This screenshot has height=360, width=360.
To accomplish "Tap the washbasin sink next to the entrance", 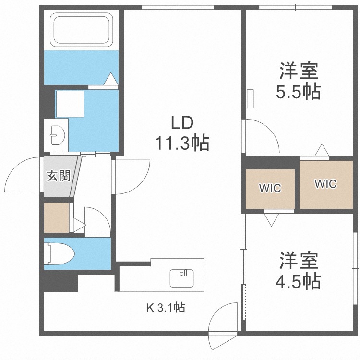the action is pyautogui.click(x=57, y=135).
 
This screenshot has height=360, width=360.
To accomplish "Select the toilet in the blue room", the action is pyautogui.click(x=59, y=254).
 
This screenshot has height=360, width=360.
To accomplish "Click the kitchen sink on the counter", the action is pyautogui.click(x=181, y=278).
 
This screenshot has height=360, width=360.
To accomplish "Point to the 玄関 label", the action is pyautogui.click(x=59, y=176).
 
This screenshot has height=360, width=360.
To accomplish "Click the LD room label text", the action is pyautogui.click(x=182, y=123).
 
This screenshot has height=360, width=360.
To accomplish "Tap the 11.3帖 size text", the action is pyautogui.click(x=182, y=143).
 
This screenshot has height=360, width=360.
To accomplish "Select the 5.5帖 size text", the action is pyautogui.click(x=298, y=92).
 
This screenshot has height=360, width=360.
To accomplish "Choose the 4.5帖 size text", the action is pyautogui.click(x=298, y=281).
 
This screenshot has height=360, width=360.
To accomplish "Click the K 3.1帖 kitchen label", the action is pyautogui.click(x=166, y=307).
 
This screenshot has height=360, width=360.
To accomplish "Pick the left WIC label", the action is pyautogui.click(x=270, y=188).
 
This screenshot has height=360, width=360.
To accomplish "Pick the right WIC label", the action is pyautogui.click(x=325, y=184).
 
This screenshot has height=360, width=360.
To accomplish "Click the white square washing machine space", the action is pyautogui.click(x=70, y=104).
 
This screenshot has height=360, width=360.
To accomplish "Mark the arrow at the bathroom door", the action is pyautogui.click(x=111, y=79).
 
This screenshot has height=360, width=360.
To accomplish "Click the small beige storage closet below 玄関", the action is pyautogui.click(x=57, y=217).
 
